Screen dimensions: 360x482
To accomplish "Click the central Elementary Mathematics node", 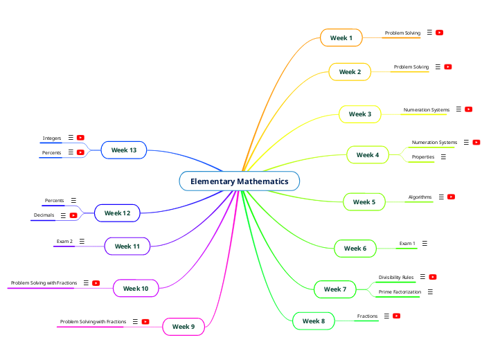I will pyautogui.click(x=240, y=181).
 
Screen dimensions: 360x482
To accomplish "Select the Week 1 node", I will pyautogui.click(x=341, y=37).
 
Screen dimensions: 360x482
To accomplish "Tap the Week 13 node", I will pyautogui.click(x=124, y=150).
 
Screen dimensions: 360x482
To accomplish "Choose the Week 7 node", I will pyautogui.click(x=335, y=289).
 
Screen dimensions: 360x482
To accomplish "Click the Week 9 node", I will pyautogui.click(x=184, y=326).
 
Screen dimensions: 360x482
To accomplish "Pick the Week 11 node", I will pyautogui.click(x=127, y=246).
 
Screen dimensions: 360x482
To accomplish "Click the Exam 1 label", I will pyautogui.click(x=407, y=243).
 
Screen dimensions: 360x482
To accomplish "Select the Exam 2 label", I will pyautogui.click(x=64, y=242).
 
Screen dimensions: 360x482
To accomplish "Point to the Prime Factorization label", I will pyautogui.click(x=400, y=292).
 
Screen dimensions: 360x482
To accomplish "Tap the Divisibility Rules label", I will pyautogui.click(x=396, y=277).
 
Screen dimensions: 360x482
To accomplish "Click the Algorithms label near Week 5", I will pyautogui.click(x=420, y=197).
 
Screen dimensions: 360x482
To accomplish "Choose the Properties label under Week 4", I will pyautogui.click(x=423, y=157).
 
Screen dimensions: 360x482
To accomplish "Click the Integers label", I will pyautogui.click(x=52, y=138).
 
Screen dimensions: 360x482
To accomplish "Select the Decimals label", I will pyautogui.click(x=44, y=215).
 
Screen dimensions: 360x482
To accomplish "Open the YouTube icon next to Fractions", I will pyautogui.click(x=397, y=316).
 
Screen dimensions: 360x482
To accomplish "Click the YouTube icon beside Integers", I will pyautogui.click(x=80, y=138).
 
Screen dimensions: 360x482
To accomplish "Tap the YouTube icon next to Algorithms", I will pyautogui.click(x=451, y=197).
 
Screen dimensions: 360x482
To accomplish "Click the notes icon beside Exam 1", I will pyautogui.click(x=425, y=243).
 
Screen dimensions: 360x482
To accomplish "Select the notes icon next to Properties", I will pyautogui.click(x=443, y=157).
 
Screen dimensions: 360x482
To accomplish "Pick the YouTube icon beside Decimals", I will pyautogui.click(x=73, y=215).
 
